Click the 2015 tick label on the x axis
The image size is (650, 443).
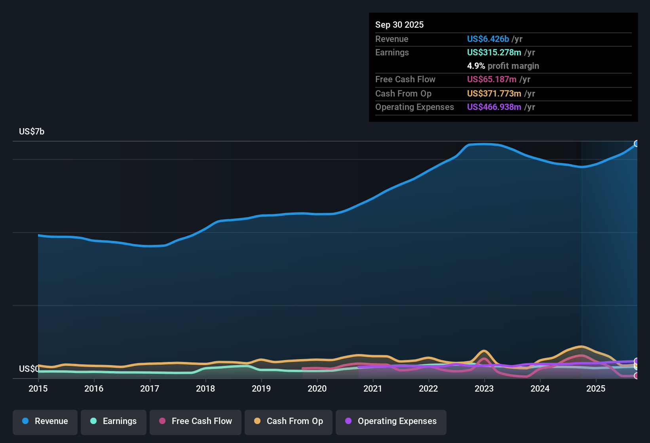38,388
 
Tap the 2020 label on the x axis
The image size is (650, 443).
317,388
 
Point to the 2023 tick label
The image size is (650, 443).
484,388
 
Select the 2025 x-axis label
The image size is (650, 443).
595,388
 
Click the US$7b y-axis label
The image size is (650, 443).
32,131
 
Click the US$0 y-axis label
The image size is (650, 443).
29,369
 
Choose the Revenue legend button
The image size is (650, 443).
45,421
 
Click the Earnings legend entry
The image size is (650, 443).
114,421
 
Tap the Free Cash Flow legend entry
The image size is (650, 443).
196,421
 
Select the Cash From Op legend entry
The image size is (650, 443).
289,421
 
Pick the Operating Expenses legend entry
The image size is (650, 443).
391,421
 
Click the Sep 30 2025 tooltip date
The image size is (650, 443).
399,25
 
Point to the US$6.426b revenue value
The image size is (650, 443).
488,39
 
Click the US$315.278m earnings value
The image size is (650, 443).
494,52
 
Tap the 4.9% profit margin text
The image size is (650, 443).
503,66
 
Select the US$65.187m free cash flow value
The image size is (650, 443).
491,79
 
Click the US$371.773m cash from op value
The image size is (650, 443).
494,93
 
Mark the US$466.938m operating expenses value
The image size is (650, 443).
494,107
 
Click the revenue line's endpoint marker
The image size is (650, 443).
637,144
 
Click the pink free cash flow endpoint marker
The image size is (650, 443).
637,376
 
